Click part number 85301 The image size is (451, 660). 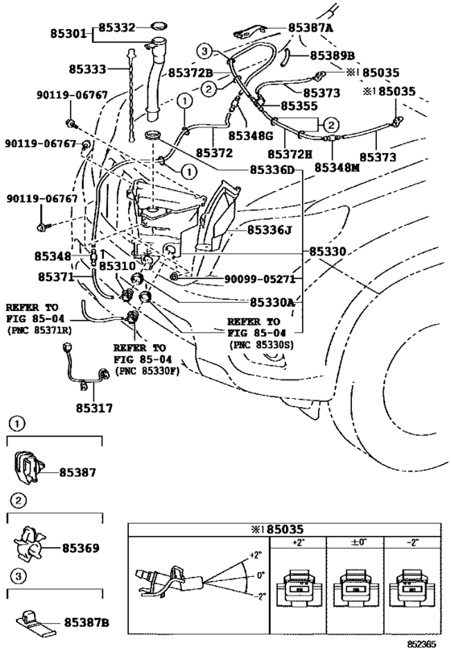[68, 33]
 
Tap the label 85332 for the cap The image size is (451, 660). [117, 27]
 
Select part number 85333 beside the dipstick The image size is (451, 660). [88, 68]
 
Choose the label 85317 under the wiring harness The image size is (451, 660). [94, 408]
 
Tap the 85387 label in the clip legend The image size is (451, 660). [78, 472]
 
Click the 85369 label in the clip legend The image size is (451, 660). [81, 548]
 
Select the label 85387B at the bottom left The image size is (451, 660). [87, 623]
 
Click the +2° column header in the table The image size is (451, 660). [298, 542]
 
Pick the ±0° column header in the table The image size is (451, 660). [358, 542]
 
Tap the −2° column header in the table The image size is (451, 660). [412, 542]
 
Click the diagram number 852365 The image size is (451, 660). [421, 645]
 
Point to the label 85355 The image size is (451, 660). [299, 106]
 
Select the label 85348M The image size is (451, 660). [337, 168]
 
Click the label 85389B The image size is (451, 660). [333, 56]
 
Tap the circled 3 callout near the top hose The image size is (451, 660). [204, 52]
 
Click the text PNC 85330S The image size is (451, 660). [262, 345]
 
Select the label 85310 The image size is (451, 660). [118, 266]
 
